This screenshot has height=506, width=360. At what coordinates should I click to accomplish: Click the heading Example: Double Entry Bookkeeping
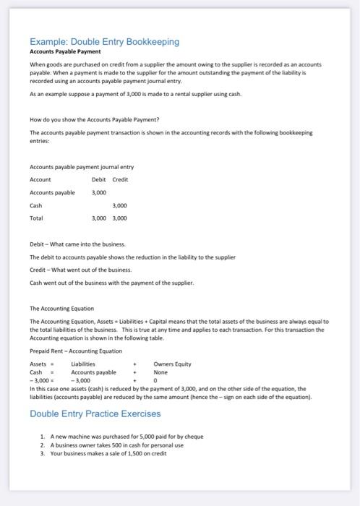104,41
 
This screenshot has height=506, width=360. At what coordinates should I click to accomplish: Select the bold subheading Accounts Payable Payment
65,52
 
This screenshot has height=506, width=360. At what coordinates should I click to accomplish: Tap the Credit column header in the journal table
119,179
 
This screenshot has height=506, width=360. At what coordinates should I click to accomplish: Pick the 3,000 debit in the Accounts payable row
99,192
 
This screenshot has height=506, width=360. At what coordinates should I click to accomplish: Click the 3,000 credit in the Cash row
119,205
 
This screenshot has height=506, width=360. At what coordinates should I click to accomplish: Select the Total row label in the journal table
36,218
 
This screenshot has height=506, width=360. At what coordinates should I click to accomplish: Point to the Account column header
40,179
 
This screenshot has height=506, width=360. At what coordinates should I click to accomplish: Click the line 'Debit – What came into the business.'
77,244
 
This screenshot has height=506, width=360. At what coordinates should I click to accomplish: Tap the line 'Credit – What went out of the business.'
79,268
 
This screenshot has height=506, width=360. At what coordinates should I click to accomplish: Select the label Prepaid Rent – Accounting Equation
77,351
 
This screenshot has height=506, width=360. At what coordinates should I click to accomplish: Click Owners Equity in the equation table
173,364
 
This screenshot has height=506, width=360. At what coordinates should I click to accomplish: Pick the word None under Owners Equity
160,372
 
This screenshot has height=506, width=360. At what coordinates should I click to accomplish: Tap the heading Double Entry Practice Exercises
95,414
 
